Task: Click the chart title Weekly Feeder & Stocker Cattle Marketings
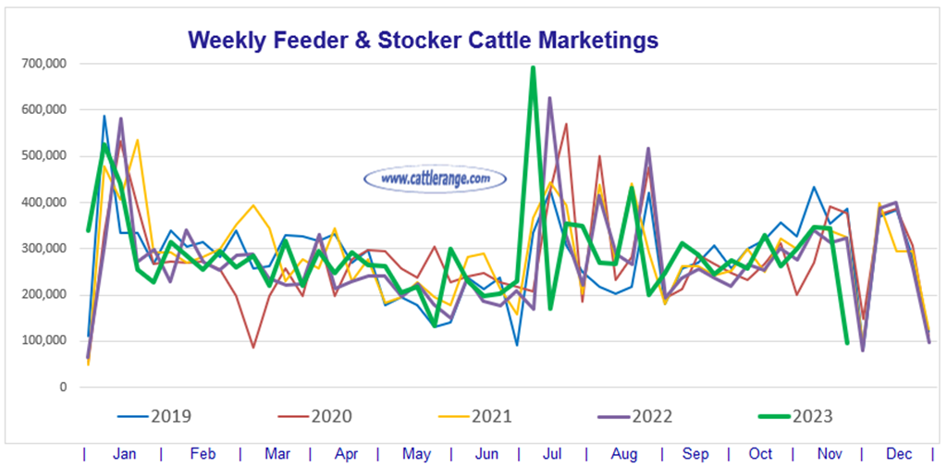[x=423, y=41]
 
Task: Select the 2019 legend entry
[x=154, y=416]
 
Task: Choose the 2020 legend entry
[x=315, y=416]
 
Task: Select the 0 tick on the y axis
[x=62, y=387]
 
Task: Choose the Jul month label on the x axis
[x=551, y=454]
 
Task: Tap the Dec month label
[x=898, y=454]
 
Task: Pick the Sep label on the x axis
[x=695, y=454]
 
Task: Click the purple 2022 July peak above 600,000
[x=549, y=97]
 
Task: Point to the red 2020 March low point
[x=253, y=348]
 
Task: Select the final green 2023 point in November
[x=847, y=343]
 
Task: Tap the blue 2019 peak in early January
[x=105, y=117]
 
